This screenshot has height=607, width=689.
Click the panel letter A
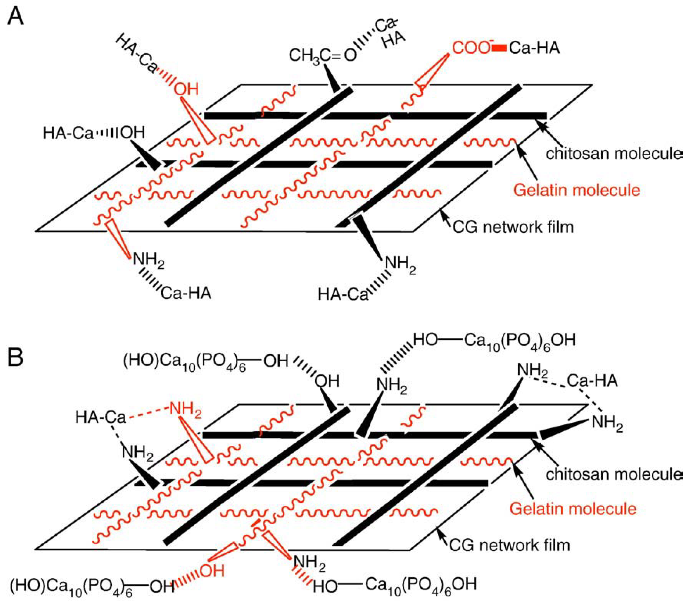pos(15,17)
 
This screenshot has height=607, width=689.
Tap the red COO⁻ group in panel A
pos(471,48)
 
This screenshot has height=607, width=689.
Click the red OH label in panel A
pos(186,90)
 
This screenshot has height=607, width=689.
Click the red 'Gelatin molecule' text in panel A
pos(576,190)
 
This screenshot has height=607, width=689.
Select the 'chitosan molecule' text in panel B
pos(614,474)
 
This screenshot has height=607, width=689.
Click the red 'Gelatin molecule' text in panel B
pos(573,509)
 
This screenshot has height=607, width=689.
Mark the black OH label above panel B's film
pos(327,381)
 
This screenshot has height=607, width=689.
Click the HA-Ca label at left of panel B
pos(101,417)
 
